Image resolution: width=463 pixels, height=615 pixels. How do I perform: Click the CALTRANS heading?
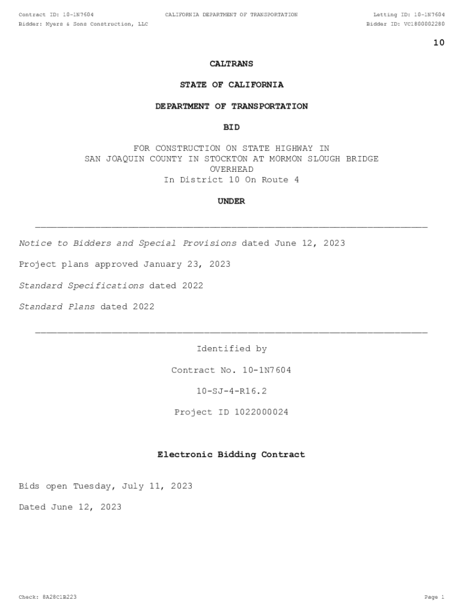(231, 64)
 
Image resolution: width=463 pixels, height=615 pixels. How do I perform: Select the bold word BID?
(231, 127)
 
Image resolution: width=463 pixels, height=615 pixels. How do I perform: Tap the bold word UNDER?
(231, 201)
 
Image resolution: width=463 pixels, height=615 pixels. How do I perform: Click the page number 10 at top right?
(439, 43)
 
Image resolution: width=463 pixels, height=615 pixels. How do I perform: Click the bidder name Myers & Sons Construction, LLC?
(96, 24)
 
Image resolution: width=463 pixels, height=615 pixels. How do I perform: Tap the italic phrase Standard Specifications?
(82, 285)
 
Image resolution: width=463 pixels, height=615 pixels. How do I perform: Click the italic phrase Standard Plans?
(57, 306)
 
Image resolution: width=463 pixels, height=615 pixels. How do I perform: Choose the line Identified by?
(231, 349)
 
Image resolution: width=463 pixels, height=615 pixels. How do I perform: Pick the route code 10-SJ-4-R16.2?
(231, 391)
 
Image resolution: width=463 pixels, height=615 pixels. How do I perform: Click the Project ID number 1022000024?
(261, 412)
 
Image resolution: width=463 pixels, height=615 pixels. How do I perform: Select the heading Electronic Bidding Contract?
(231, 455)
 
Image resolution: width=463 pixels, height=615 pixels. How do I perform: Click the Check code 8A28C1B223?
(59, 597)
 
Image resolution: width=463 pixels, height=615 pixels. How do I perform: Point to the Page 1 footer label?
(434, 597)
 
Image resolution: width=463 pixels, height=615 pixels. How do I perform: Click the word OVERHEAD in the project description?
(231, 169)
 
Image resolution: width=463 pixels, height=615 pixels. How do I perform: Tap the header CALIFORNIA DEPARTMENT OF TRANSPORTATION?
(231, 14)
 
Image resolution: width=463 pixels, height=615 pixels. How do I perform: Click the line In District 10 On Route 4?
(231, 180)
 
